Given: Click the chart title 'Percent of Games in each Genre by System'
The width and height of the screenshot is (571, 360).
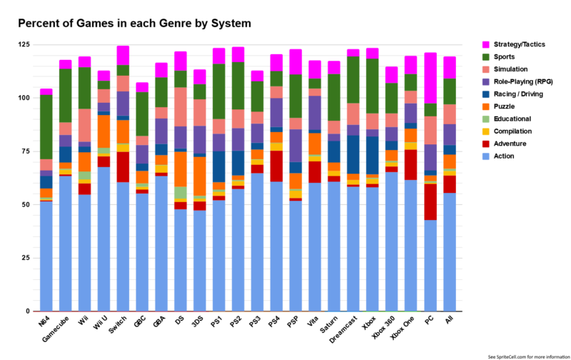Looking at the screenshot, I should coord(134,24).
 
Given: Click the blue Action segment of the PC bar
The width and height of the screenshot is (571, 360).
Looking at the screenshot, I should coord(430,265).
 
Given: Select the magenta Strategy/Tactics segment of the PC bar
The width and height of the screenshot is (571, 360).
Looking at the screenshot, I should coord(430,78).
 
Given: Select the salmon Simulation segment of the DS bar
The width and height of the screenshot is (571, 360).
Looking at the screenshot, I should coord(181,106).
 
